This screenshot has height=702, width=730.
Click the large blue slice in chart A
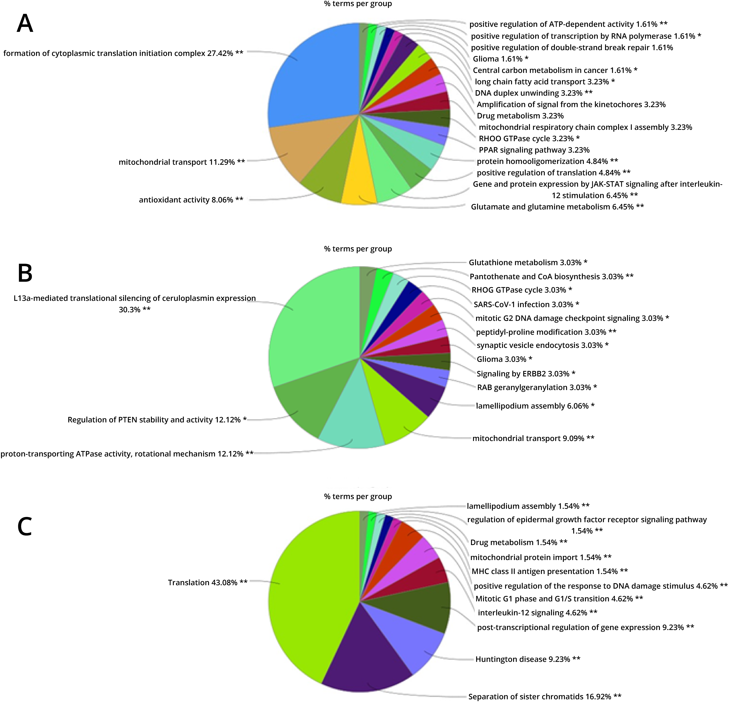(x=317, y=74)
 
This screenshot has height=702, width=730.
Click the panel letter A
(x=25, y=23)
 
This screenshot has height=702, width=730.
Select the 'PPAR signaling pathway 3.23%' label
(x=534, y=150)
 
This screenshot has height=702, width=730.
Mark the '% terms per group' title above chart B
(x=358, y=249)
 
